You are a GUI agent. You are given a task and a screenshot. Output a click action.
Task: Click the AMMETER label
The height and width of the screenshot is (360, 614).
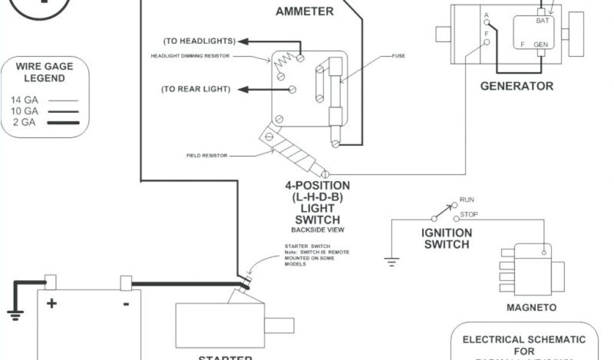305,11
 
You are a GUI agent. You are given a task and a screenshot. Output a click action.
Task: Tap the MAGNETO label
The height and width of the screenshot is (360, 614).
531,308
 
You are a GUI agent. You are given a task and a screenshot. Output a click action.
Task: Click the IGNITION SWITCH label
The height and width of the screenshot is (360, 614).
447,238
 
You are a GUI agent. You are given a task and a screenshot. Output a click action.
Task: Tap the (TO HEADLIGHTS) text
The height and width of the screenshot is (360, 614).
199,41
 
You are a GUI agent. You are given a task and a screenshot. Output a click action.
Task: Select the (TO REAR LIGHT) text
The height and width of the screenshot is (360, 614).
195,89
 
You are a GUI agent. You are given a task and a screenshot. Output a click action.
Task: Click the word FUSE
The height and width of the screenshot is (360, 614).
399,56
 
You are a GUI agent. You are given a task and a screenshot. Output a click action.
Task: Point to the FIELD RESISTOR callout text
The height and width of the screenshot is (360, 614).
207,155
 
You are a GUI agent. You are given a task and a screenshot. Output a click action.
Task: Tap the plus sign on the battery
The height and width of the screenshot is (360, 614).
52,303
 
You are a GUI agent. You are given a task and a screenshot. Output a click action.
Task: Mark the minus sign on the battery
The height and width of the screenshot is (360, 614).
126,304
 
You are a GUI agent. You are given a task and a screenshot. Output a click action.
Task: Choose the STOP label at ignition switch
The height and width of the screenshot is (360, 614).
468,214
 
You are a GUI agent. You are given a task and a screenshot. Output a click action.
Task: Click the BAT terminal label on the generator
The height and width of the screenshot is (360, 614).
541,20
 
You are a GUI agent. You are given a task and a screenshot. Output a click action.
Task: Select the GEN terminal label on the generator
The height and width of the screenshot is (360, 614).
541,44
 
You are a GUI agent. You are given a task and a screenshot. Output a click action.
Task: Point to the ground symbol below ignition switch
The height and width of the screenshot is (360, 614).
391,261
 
